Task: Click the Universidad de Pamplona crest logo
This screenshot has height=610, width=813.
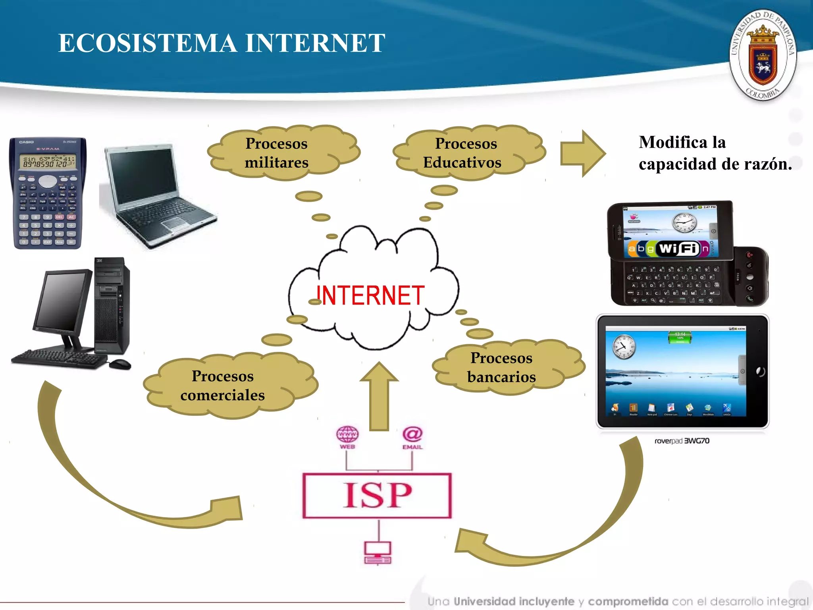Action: point(763,55)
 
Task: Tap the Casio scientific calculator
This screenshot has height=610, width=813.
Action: point(48,193)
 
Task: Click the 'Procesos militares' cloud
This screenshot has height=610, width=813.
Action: point(277,153)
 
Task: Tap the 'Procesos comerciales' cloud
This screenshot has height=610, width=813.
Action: point(223,386)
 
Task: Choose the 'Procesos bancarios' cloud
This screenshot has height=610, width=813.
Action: point(502,367)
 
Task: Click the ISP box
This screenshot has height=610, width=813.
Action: point(377,495)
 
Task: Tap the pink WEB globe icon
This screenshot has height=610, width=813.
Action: point(347,434)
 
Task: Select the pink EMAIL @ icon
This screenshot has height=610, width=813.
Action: point(413,434)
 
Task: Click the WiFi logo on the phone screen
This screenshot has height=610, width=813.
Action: point(678,249)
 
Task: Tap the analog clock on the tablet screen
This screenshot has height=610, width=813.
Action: point(624,346)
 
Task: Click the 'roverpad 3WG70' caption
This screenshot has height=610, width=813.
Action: point(682,441)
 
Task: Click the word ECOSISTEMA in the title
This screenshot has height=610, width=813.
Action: point(147,43)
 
